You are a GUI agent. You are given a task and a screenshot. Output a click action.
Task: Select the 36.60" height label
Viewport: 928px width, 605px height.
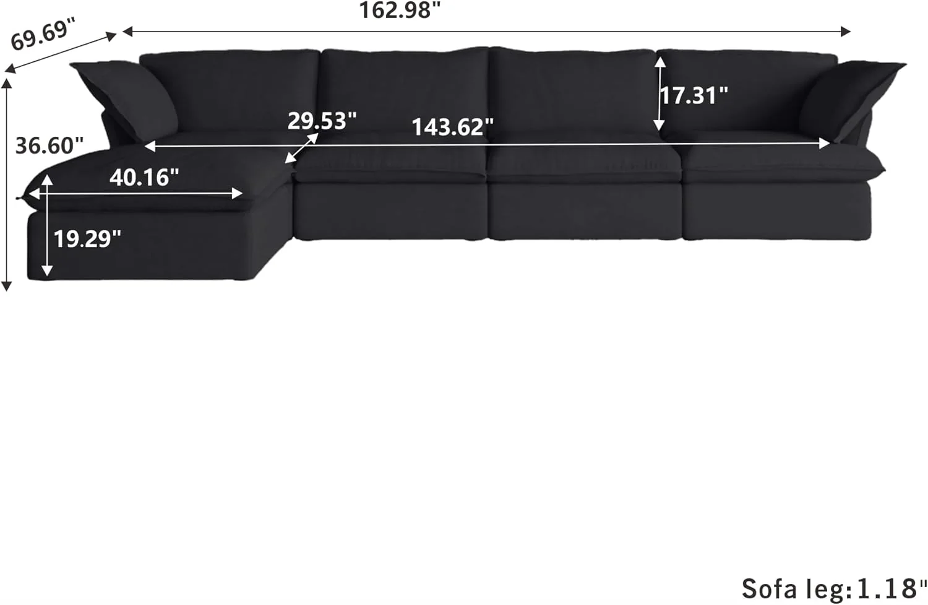[x=49, y=146]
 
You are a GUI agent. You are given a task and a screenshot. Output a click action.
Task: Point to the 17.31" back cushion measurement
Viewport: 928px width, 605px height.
[x=693, y=95]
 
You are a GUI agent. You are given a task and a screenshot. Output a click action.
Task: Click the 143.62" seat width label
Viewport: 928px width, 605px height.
[x=453, y=127]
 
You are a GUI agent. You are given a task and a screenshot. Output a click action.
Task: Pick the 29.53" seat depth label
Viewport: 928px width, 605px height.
[x=322, y=121]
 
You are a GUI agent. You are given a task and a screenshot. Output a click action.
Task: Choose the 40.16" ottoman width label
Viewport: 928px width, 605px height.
[x=144, y=178]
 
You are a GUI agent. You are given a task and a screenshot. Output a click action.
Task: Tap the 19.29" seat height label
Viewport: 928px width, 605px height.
[x=87, y=239]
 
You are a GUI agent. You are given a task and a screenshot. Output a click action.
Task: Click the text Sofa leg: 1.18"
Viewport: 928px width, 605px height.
[x=833, y=588]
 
